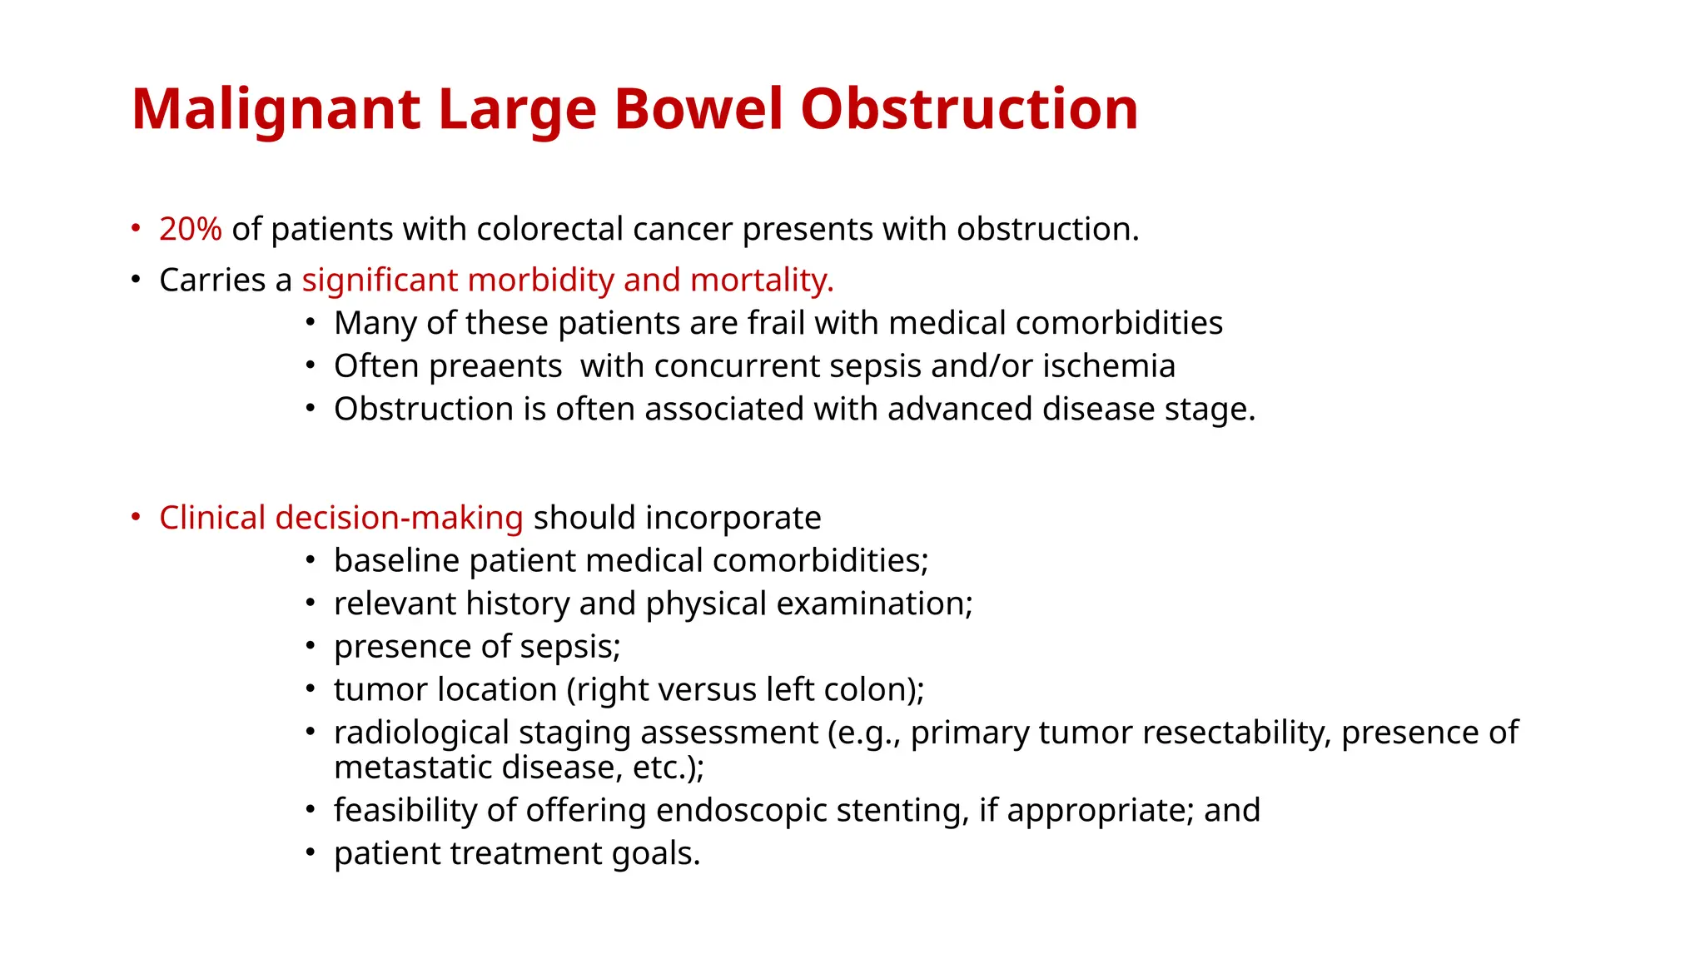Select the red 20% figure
191,229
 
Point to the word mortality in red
761,281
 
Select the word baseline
396,561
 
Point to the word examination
874,604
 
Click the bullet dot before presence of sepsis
310,647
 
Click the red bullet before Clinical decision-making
136,518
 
